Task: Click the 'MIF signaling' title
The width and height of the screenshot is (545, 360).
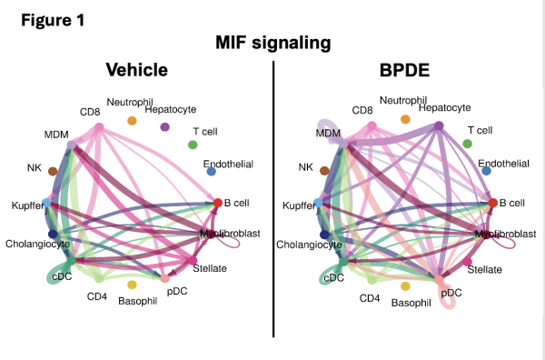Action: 272,43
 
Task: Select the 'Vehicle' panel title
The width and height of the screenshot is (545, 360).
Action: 137,71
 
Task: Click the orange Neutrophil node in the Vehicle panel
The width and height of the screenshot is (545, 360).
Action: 132,121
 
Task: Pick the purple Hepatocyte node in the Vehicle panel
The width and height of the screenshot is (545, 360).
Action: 164,127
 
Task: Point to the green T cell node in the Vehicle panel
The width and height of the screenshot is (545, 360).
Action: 193,145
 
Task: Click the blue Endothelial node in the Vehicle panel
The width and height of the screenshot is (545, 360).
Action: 211,171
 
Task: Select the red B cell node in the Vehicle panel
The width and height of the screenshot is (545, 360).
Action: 217,202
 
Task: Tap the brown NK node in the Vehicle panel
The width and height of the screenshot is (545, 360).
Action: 53,171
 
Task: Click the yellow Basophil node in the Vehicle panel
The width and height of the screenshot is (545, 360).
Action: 132,285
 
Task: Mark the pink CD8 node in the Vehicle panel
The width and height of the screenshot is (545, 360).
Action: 98,127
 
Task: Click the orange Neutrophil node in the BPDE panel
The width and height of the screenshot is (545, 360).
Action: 405,119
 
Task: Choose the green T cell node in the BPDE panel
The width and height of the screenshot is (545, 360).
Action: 467,144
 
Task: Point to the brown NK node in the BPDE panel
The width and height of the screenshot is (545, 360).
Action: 324,169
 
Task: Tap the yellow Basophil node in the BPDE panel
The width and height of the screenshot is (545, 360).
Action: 405,285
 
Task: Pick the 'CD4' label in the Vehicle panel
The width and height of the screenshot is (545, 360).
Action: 97,296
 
